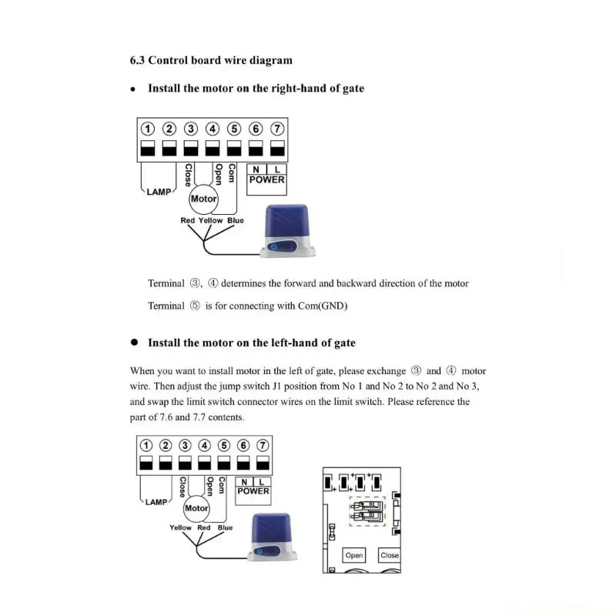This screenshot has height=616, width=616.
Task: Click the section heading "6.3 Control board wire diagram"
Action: pyautogui.click(x=211, y=60)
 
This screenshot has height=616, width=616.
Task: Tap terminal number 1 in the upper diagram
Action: pyautogui.click(x=147, y=129)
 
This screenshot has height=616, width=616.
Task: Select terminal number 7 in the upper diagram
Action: pyautogui.click(x=277, y=129)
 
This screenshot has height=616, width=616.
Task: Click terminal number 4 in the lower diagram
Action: pyautogui.click(x=204, y=445)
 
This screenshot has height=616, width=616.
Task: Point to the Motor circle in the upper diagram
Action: pyautogui.click(x=203, y=199)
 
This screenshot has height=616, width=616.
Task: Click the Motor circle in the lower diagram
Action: pyautogui.click(x=196, y=508)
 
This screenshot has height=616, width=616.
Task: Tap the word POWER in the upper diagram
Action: pyautogui.click(x=266, y=179)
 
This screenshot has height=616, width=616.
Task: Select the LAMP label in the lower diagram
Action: pyautogui.click(x=156, y=501)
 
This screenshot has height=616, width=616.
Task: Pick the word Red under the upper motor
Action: pyautogui.click(x=188, y=221)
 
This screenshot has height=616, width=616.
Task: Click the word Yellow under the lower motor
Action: pyautogui.click(x=180, y=528)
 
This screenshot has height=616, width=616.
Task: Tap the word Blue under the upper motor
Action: pyautogui.click(x=235, y=221)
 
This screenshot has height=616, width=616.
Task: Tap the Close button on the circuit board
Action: pyautogui.click(x=390, y=555)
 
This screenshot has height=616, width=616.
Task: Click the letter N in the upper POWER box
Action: pyautogui.click(x=256, y=169)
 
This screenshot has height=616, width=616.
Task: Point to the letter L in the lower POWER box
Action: pyautogui.click(x=262, y=481)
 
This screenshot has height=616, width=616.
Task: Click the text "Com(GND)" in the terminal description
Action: pyautogui.click(x=322, y=306)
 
